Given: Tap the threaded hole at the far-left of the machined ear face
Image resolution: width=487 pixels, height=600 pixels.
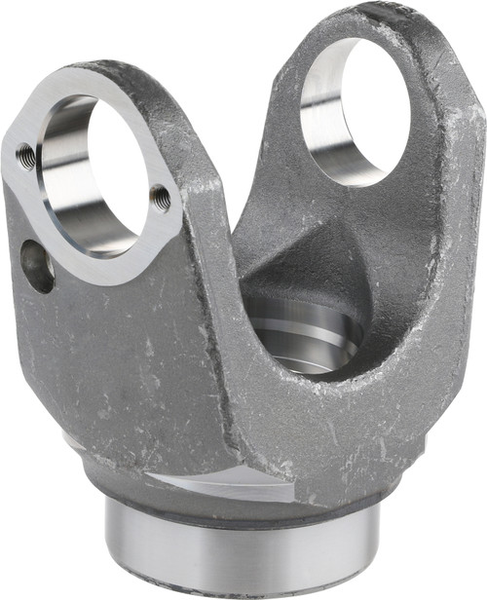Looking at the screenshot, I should pos(26,154).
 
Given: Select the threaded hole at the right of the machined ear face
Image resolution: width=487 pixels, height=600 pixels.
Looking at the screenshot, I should pos(161,199).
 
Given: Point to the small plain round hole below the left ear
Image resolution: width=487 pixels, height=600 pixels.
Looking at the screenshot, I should pos(37,265).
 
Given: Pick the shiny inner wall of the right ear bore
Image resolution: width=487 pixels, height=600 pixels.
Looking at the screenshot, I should pos(321,117).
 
